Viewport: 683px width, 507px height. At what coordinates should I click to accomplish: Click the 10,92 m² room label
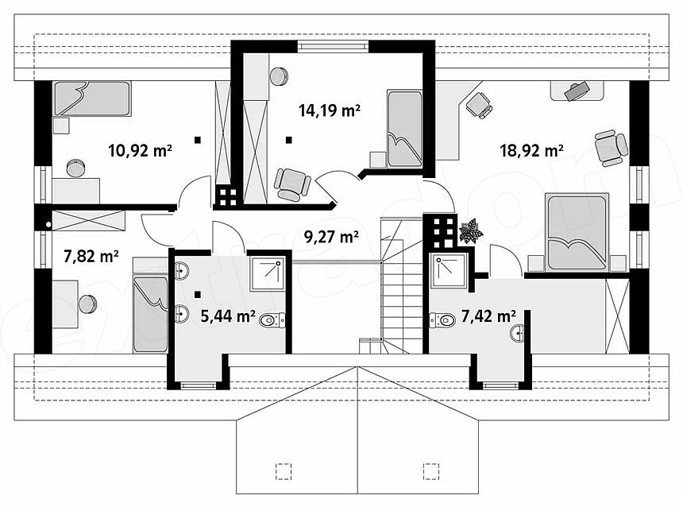pos(140,151)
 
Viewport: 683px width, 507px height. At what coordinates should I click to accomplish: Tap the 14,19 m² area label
pos(330,110)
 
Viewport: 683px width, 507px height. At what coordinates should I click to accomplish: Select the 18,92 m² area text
pos(532,151)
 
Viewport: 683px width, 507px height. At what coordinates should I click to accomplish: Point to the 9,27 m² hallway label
pos(331,237)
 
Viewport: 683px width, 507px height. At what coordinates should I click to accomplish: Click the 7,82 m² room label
pos(91,257)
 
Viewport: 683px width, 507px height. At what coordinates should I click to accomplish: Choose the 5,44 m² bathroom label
pos(228,315)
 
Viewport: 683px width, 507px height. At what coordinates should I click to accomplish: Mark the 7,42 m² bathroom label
pos(488,315)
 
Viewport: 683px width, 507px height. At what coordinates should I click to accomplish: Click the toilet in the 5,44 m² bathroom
pos(272,320)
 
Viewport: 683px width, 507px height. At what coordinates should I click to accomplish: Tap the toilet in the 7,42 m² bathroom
pos(442,320)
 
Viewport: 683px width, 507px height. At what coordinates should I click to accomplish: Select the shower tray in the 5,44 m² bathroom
pos(267,274)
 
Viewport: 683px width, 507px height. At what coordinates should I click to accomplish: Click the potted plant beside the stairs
pos(471,231)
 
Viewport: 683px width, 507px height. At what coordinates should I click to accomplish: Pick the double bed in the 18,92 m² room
pos(577,233)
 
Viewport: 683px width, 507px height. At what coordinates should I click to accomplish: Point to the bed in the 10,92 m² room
pos(92,99)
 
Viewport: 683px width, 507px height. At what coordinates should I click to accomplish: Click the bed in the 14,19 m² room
pos(405,129)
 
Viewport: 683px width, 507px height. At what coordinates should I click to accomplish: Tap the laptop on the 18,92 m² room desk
pos(576,91)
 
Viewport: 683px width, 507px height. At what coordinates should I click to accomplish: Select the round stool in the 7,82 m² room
pos(87,304)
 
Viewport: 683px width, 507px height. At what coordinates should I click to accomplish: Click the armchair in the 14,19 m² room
pos(291,185)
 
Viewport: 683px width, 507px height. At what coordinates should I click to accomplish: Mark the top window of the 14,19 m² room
pos(334,46)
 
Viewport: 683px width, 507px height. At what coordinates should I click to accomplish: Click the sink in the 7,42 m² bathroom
pos(518,334)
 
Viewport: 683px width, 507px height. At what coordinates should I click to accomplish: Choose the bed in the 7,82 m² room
pos(150,314)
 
